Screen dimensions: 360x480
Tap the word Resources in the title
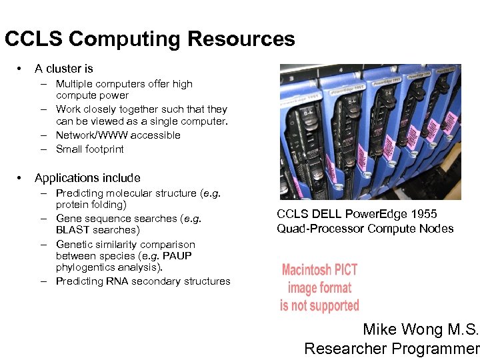click(x=241, y=39)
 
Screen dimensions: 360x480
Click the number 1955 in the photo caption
click(x=423, y=215)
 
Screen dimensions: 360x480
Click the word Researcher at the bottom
click(x=345, y=348)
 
